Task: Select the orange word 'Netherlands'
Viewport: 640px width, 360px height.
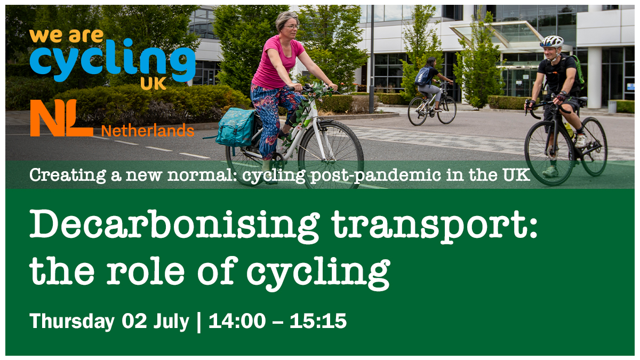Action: point(147,131)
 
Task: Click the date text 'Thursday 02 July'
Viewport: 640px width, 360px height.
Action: point(109,322)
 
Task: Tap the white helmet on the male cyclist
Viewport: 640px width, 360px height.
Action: point(551,42)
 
